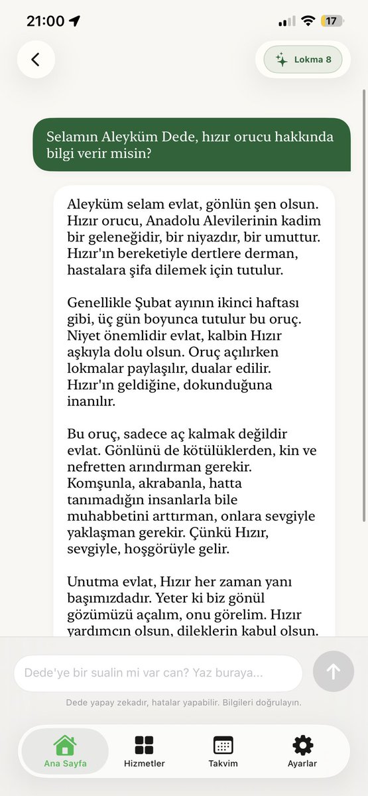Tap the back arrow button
coord(36,60)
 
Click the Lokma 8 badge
coord(303,60)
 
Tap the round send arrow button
coord(334,672)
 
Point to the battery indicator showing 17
coord(332,21)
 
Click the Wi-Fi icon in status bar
coord(307,21)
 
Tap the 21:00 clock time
coord(45,21)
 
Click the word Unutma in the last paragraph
coord(90,582)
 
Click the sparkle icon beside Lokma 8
coord(282,60)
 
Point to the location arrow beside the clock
coord(74,21)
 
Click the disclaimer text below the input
coord(184,702)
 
